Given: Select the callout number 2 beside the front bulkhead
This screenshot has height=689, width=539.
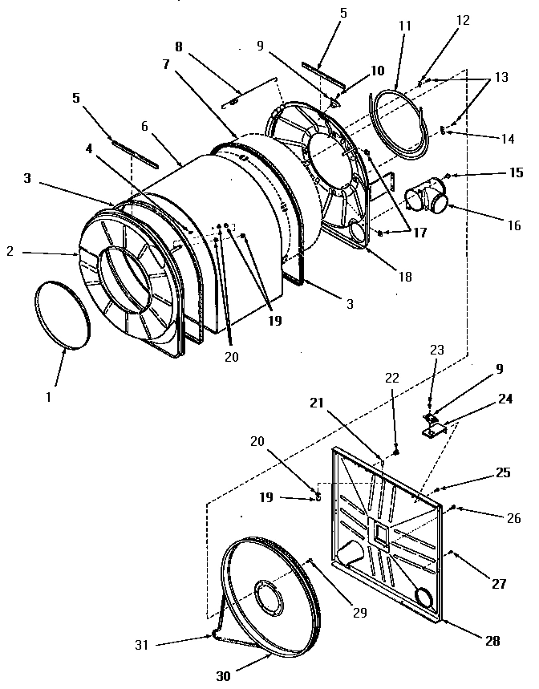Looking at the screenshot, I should [10, 252].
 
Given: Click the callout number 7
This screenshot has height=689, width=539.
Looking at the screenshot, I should [166, 65].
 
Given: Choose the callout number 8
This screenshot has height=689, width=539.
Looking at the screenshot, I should [178, 47].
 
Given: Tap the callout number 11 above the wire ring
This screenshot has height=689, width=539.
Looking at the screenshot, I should [404, 26].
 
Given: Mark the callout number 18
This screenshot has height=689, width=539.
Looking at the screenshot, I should [404, 277].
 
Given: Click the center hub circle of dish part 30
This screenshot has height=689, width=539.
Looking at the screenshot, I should [264, 598].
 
